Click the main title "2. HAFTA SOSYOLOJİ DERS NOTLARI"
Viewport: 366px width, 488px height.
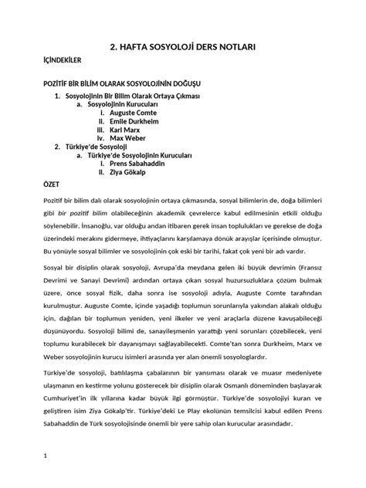tap(183, 47)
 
